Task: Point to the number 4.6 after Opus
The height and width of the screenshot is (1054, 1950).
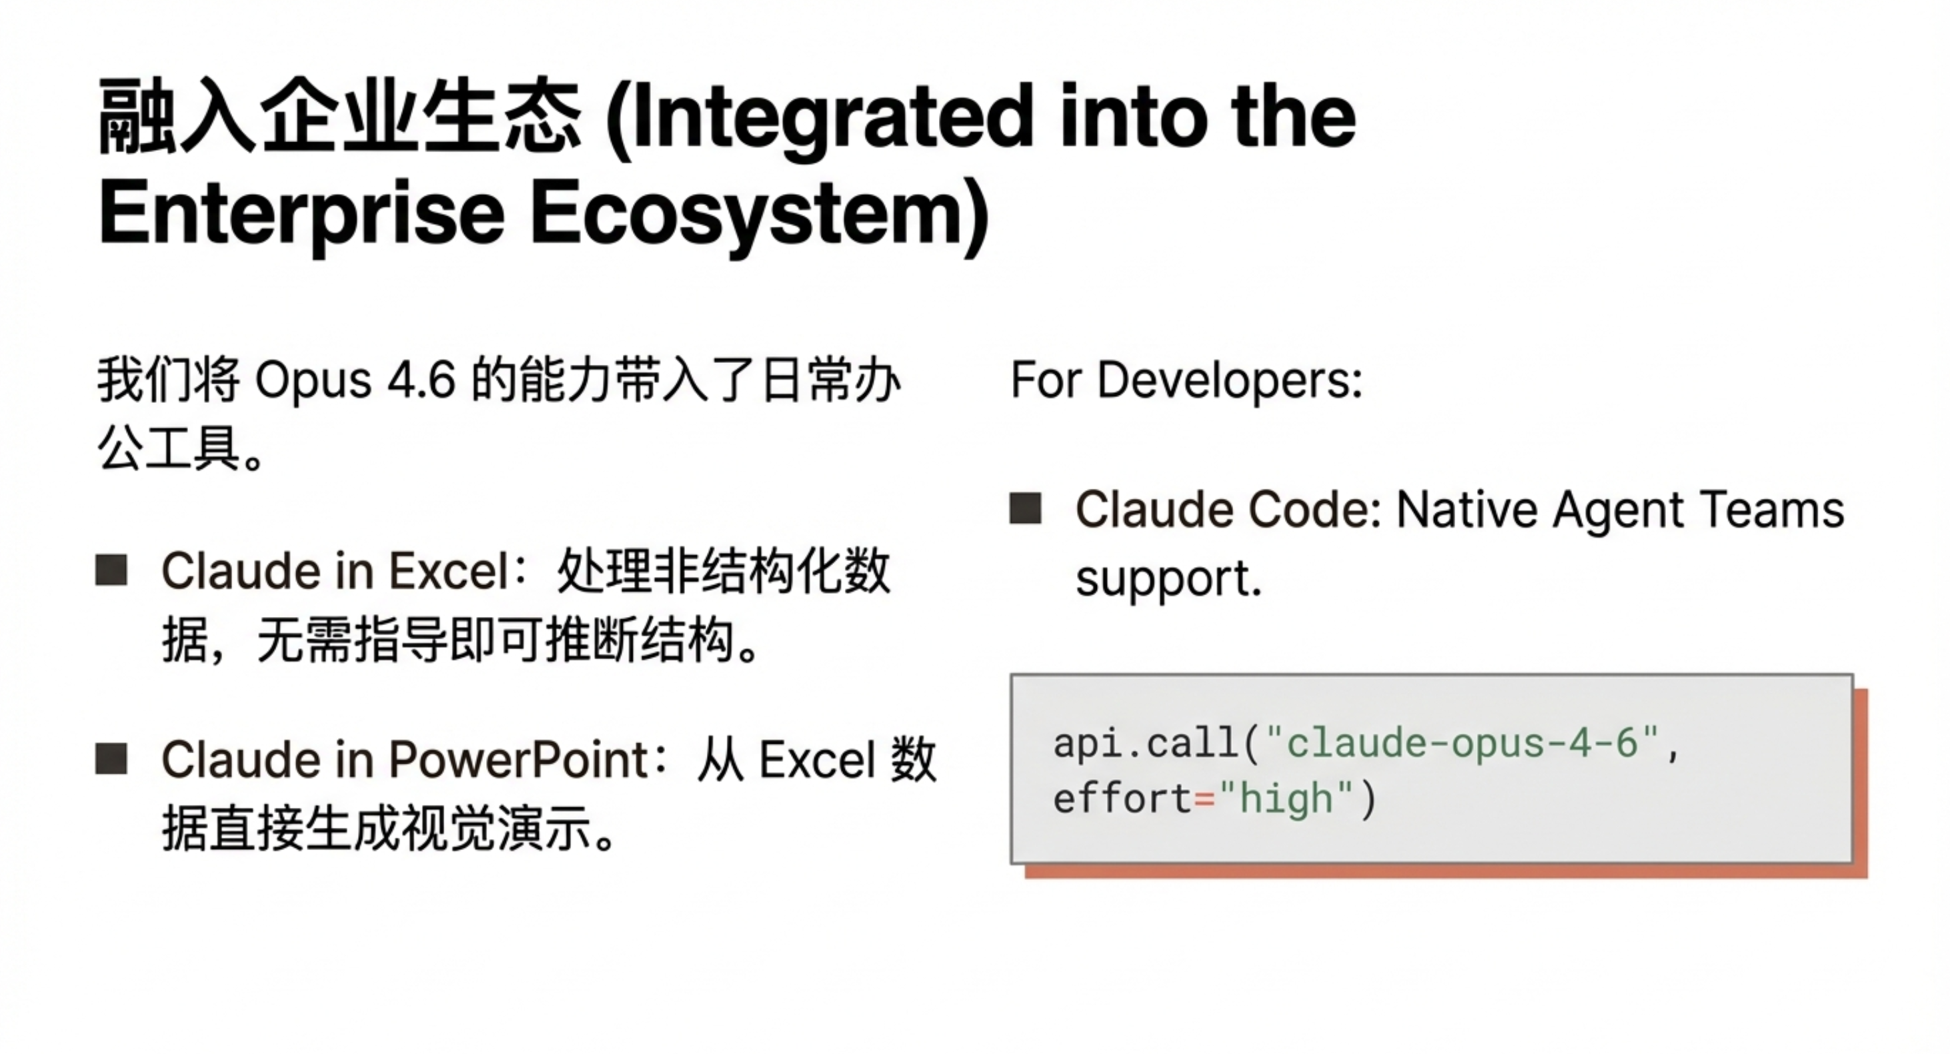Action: pos(421,380)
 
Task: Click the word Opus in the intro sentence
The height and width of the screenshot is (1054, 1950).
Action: pos(313,381)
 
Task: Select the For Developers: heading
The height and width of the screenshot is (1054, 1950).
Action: pos(1186,380)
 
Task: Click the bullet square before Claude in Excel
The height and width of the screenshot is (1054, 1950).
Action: pos(111,570)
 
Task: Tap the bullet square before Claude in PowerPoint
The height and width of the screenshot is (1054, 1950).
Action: pos(111,758)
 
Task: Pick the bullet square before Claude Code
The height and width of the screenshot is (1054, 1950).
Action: pos(1026,508)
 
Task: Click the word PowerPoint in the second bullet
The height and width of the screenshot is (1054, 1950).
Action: pos(520,759)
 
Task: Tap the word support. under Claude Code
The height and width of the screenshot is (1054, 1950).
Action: pos(1169,581)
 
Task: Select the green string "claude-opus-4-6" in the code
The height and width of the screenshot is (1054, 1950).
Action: pos(1462,742)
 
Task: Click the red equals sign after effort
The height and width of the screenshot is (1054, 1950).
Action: pos(1204,799)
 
